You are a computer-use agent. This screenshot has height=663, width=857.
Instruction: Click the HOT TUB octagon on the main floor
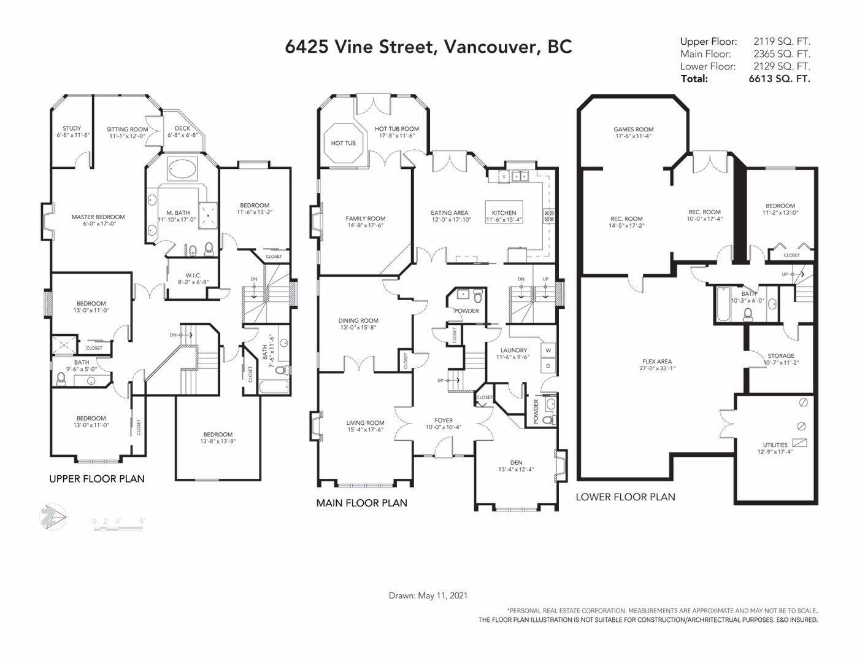pyautogui.click(x=343, y=143)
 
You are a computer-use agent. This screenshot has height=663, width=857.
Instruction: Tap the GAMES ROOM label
pyautogui.click(x=633, y=129)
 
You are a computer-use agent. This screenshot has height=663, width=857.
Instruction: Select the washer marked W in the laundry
pyautogui.click(x=548, y=351)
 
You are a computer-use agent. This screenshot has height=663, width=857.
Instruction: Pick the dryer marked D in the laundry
pyautogui.click(x=548, y=366)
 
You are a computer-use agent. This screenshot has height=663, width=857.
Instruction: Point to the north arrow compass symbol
pyautogui.click(x=53, y=517)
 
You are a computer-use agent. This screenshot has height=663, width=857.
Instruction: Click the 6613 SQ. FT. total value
pyautogui.click(x=779, y=79)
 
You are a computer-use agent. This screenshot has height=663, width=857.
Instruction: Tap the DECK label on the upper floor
pyautogui.click(x=182, y=128)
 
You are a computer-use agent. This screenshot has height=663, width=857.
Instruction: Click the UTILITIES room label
pyautogui.click(x=775, y=444)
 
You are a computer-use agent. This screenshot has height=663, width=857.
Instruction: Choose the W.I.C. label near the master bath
pyautogui.click(x=193, y=276)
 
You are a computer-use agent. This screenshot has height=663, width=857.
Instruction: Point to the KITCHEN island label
pyautogui.click(x=504, y=212)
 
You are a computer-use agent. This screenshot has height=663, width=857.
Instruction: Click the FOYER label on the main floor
pyautogui.click(x=444, y=421)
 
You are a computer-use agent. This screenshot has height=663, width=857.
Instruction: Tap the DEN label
pyautogui.click(x=516, y=462)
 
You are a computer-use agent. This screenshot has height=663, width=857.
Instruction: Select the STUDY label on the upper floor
pyautogui.click(x=72, y=128)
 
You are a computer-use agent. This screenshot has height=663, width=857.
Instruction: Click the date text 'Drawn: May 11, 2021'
pyautogui.click(x=428, y=595)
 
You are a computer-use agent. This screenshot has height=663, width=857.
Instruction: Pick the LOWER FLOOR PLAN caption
pyautogui.click(x=626, y=497)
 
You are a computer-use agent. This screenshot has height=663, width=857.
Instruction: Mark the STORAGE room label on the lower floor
pyautogui.click(x=781, y=355)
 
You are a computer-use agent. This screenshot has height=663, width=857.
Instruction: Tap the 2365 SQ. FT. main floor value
pyautogui.click(x=782, y=53)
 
